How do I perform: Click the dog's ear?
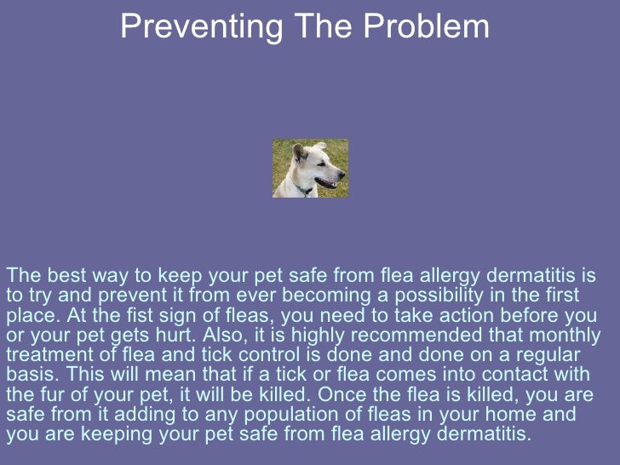click(299, 152)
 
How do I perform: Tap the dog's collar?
click(302, 189)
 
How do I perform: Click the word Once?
click(373, 394)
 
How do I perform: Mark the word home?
click(532, 415)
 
